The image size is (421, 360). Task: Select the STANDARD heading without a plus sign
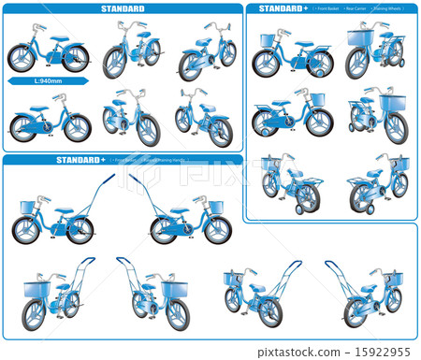click(123, 8)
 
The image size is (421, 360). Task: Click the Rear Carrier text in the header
click(355, 8)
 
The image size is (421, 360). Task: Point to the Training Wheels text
click(388, 8)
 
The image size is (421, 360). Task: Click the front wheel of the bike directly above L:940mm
click(75, 58)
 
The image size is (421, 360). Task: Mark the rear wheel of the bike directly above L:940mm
click(22, 58)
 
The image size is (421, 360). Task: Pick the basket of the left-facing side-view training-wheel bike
click(268, 40)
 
